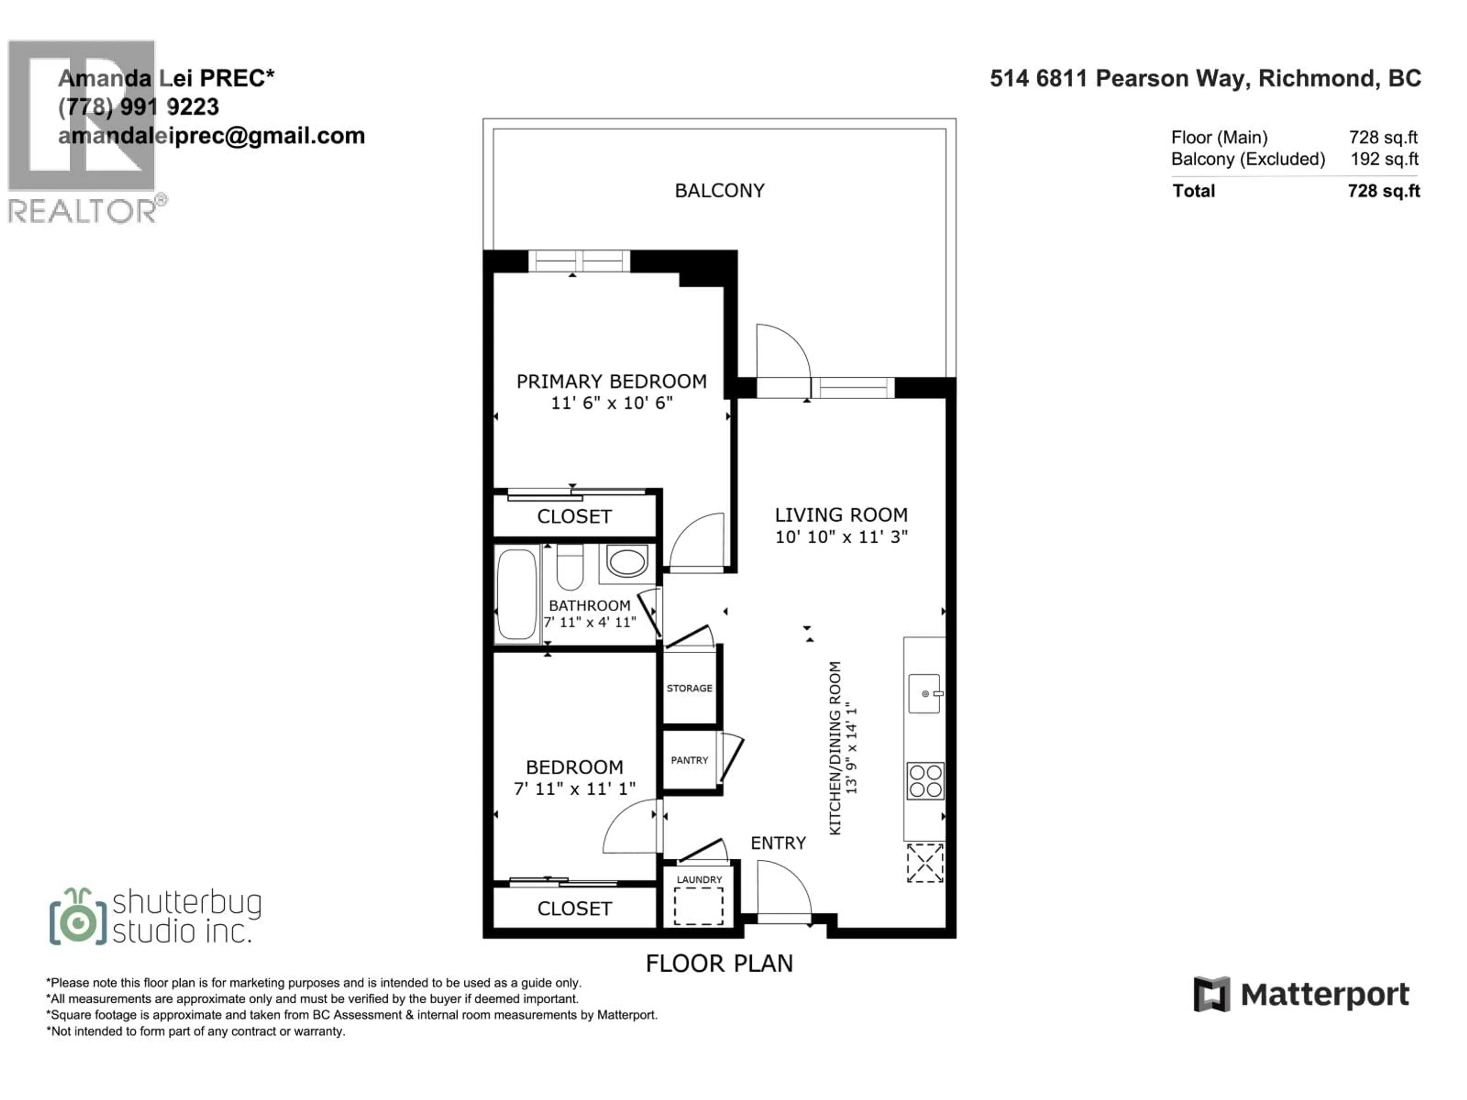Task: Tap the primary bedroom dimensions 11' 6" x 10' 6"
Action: tap(612, 403)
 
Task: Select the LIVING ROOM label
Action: tap(841, 515)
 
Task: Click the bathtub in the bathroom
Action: tap(517, 594)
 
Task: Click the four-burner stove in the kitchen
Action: tap(925, 780)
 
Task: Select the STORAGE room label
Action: tap(690, 688)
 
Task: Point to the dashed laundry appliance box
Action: tap(698, 906)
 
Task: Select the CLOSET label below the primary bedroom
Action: tap(574, 516)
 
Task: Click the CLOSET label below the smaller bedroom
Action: tap(574, 908)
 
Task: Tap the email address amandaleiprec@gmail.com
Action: tap(212, 136)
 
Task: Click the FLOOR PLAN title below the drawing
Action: tap(720, 963)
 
